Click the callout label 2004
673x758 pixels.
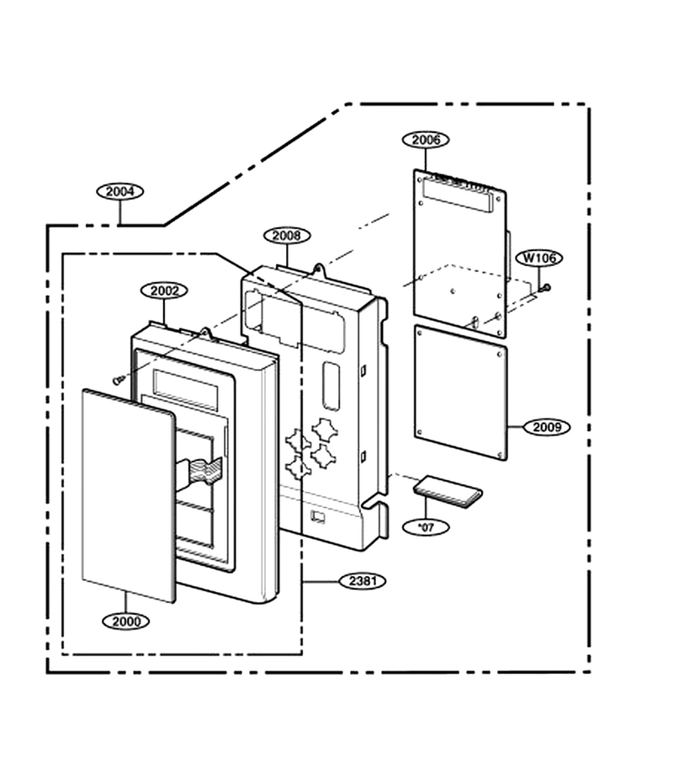pos(119,191)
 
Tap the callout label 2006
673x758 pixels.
pos(426,140)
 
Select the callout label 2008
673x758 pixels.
pos(287,236)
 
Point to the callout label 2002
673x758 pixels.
pos(164,291)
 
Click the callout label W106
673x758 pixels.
pos(540,258)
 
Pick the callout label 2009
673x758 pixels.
pos(547,427)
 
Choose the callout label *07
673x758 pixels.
pos(426,527)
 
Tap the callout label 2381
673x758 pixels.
pos(363,580)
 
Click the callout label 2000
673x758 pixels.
pos(126,622)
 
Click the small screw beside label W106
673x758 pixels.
pos(546,288)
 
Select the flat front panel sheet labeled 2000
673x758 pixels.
pos(129,496)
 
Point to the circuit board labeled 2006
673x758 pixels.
pos(460,254)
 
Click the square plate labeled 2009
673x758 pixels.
pos(460,392)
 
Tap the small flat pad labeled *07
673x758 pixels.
pos(448,492)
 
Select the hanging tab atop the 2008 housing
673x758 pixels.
pos(320,270)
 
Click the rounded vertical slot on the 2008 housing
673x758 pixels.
pos(331,386)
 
